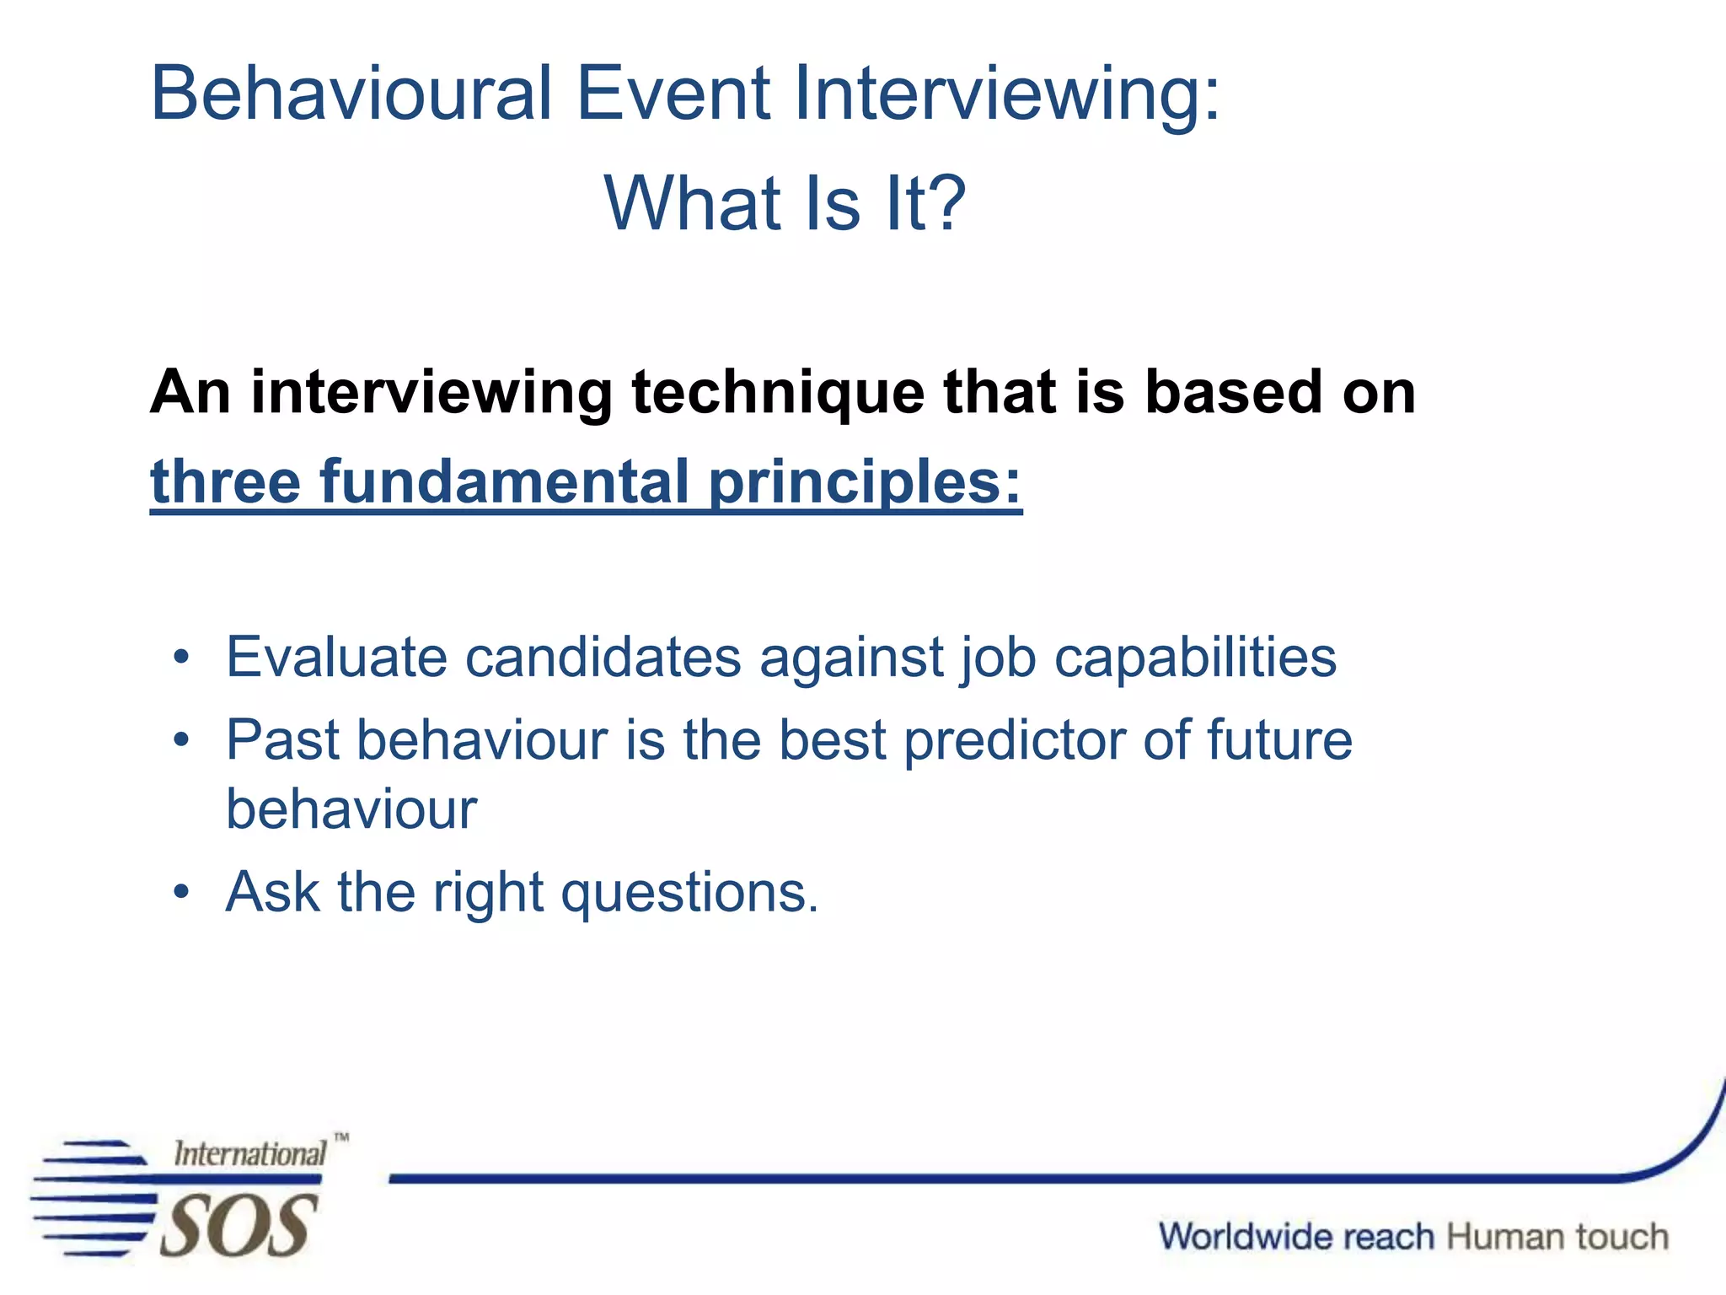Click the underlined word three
pyautogui.click(x=225, y=482)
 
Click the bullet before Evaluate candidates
pyautogui.click(x=181, y=658)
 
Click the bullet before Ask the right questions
pyautogui.click(x=181, y=893)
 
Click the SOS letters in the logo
pyautogui.click(x=238, y=1226)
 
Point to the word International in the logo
pyautogui.click(x=249, y=1154)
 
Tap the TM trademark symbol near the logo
pyautogui.click(x=340, y=1138)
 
